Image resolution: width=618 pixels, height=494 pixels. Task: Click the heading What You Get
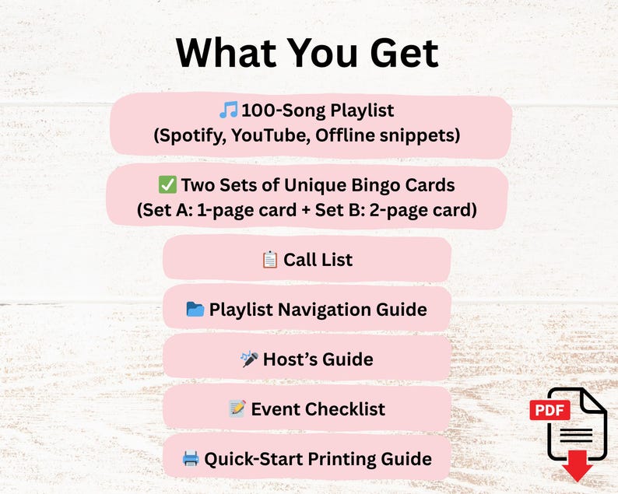307,52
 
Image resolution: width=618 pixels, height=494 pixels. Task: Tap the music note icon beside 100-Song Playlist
229,110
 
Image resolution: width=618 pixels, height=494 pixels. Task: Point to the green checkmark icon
167,184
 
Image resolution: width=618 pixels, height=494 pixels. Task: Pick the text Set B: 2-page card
394,210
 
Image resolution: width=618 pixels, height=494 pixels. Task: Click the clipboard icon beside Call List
270,259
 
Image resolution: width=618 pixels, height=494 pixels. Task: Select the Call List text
318,259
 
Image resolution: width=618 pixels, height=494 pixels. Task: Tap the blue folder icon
195,309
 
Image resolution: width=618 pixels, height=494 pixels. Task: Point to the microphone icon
250,359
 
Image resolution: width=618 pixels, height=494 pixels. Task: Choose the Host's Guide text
318,359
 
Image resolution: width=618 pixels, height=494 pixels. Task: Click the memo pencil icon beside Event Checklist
237,408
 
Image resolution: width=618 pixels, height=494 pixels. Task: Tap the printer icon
191,458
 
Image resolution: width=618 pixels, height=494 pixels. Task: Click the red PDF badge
550,410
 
